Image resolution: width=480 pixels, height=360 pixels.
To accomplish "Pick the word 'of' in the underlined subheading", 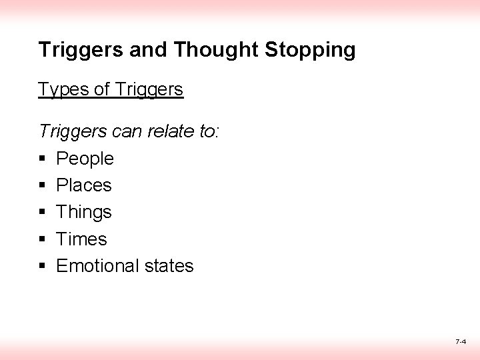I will point(102,89).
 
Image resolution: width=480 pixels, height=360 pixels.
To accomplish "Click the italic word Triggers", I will point(71,132).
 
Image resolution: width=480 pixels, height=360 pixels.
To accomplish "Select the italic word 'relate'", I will point(173,131).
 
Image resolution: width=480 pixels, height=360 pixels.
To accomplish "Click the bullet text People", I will point(85,159).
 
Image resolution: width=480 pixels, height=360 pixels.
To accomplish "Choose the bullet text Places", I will point(84,185).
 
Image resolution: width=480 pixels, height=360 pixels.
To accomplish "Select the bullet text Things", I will point(84,213).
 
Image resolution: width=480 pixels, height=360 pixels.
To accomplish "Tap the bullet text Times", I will point(81,239).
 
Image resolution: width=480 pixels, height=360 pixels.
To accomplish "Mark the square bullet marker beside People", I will point(42,159).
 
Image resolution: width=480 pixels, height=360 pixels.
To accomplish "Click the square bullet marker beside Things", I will point(42,213).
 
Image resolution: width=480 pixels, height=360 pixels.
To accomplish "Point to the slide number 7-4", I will point(460,341).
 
